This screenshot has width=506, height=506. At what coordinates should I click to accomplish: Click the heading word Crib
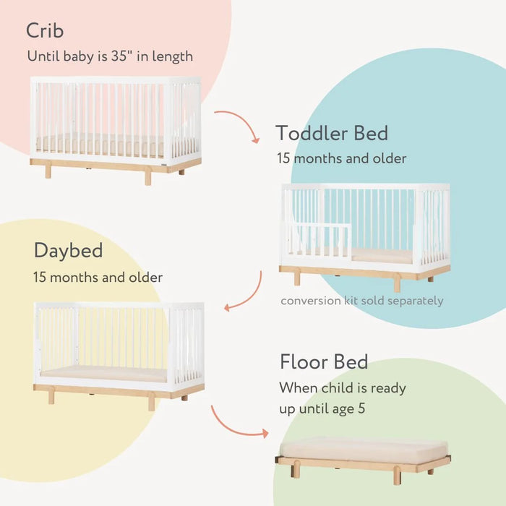[x=45, y=31]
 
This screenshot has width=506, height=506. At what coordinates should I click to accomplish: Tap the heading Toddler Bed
[x=332, y=134]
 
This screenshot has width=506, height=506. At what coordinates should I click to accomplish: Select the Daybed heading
[x=68, y=251]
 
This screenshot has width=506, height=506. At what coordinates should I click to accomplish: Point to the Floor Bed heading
[x=324, y=361]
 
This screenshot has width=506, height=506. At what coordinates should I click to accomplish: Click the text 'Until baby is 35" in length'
[x=110, y=56]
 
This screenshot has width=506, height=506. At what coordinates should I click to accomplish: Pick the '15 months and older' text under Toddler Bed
[x=341, y=158]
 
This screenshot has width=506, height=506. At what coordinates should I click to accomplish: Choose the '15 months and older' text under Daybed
[x=98, y=277]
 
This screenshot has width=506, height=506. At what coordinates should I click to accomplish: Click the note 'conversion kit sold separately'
[x=362, y=301]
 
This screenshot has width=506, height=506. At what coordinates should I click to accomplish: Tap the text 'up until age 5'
[x=322, y=409]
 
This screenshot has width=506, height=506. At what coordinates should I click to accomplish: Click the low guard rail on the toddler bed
[x=318, y=239]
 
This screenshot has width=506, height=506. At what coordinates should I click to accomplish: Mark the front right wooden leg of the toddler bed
[x=397, y=283]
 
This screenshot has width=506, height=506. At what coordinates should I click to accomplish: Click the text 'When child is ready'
[x=343, y=387]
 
